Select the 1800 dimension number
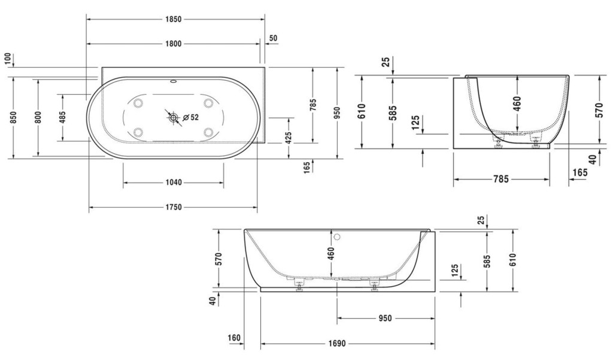tap(173, 44)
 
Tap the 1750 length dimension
tap(173, 207)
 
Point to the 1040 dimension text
tap(173, 182)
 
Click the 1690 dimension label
tap(337, 344)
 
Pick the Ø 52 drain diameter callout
tap(190, 117)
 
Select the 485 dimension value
tap(62, 117)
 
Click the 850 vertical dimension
tap(13, 117)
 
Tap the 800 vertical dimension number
tap(38, 117)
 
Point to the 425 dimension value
tap(289, 138)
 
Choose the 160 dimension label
tap(234, 338)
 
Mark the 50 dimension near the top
tap(273, 38)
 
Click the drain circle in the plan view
tap(173, 117)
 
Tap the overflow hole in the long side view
tap(338, 237)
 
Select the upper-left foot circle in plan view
tap(138, 103)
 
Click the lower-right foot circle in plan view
tap(208, 132)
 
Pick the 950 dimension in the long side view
tap(385, 318)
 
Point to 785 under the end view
tap(501, 179)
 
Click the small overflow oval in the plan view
tap(173, 82)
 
